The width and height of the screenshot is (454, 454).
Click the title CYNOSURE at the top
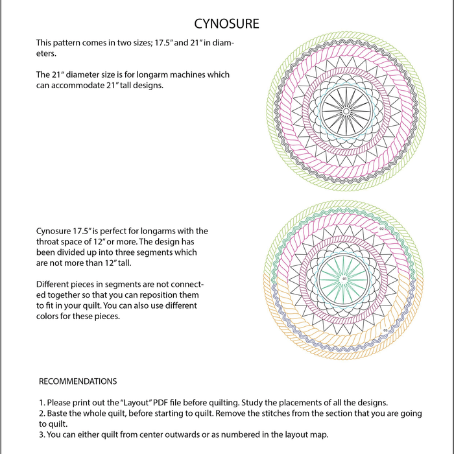point(227,24)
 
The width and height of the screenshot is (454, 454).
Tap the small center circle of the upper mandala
point(346,112)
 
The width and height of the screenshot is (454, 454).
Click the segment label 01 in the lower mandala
point(345,279)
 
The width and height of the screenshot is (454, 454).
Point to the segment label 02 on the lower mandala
point(382,229)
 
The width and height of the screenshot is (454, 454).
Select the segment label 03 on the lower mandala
point(385,331)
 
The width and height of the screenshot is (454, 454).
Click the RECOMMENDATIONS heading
point(78,381)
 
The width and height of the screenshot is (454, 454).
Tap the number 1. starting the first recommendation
point(42,402)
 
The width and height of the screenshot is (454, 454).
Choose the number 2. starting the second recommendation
point(42,413)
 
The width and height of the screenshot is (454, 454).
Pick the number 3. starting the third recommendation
point(42,435)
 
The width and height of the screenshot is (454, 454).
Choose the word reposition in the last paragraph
point(165,294)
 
